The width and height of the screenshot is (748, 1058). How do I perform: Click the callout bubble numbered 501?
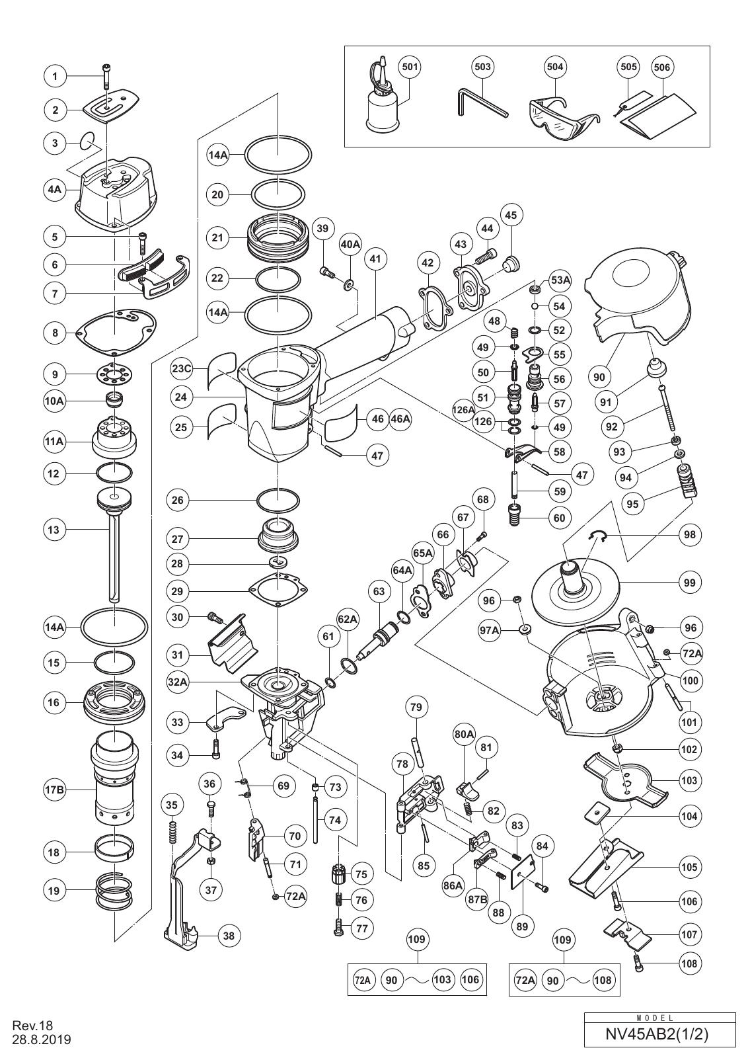[x=410, y=67]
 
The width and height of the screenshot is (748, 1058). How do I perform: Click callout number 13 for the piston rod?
[x=56, y=530]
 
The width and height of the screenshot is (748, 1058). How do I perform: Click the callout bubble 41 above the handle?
[x=375, y=259]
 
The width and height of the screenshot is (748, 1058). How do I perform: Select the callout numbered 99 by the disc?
[x=689, y=583]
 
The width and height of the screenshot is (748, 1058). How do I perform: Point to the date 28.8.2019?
[x=42, y=1039]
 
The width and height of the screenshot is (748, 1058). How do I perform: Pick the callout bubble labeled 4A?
[x=56, y=190]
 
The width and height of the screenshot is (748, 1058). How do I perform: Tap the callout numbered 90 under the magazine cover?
[x=599, y=376]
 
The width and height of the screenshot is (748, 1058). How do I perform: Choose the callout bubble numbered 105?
[x=689, y=867]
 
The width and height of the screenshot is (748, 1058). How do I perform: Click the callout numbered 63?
[x=379, y=591]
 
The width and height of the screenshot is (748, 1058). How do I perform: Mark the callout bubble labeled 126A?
[x=463, y=409]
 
